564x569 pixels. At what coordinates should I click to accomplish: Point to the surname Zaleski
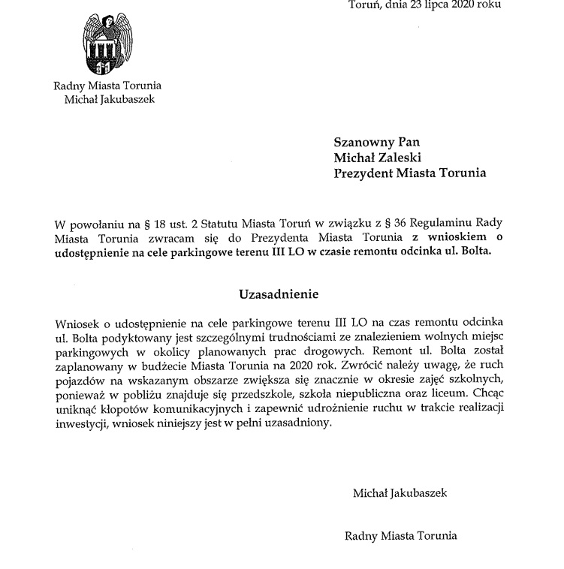coord(403,158)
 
